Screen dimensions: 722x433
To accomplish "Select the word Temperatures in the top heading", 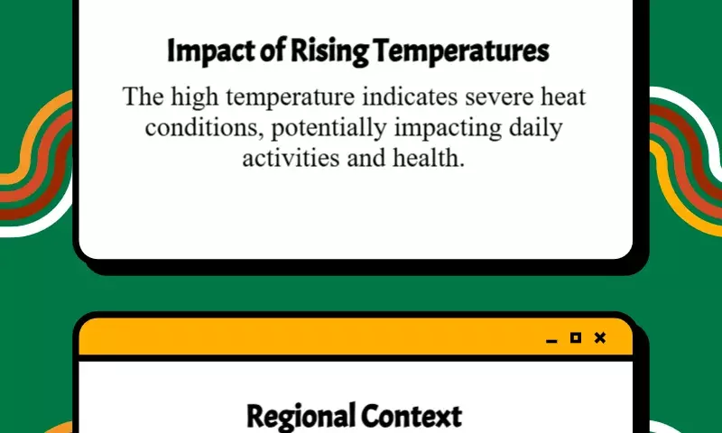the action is (461, 51).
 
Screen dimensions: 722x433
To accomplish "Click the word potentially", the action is (329, 128).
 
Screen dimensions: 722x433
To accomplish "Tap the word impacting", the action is (448, 128).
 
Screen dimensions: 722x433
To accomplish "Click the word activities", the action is (291, 158).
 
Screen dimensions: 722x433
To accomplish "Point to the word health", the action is (428, 158).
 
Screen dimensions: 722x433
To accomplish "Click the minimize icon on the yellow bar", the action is (551, 341).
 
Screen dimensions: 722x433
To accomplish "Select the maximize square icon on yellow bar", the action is (576, 337).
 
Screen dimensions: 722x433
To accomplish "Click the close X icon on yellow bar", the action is (600, 337).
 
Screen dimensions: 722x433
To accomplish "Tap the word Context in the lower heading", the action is (412, 417).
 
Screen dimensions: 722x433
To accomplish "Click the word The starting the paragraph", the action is (143, 97).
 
